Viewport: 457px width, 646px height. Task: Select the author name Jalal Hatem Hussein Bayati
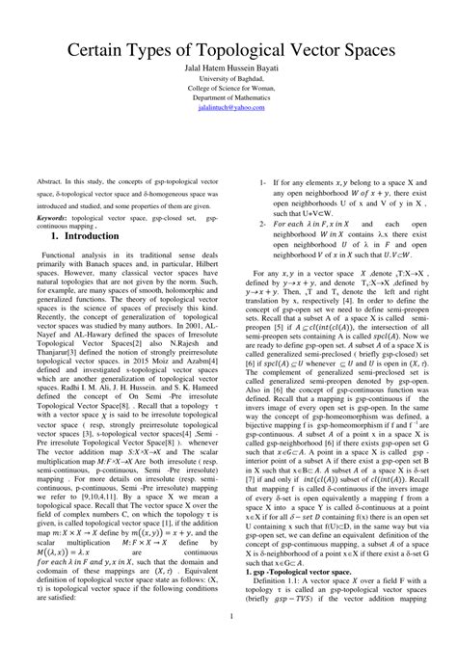[x=228, y=70]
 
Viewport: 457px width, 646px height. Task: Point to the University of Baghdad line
[x=228, y=82]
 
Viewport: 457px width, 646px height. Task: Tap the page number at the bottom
[x=229, y=615]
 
